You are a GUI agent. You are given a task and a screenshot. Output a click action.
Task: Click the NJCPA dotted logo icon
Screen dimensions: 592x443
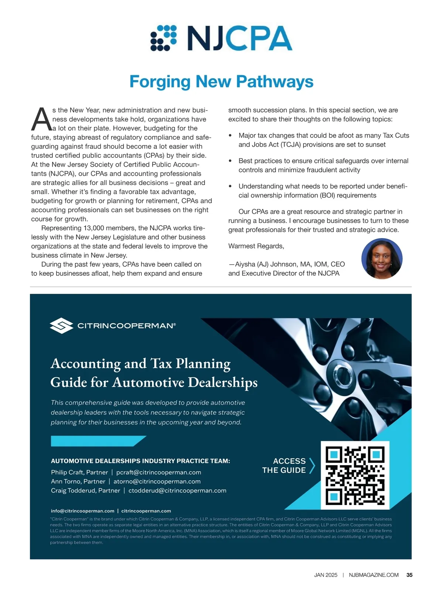[164, 38]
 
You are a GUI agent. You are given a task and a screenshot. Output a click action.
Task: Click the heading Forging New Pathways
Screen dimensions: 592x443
[221, 81]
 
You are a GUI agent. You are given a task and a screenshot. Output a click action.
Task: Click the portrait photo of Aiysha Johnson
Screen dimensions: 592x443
[382, 258]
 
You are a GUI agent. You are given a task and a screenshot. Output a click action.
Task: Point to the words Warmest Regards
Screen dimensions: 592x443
[256, 246]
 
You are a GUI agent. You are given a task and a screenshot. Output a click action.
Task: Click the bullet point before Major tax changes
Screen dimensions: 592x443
[230, 136]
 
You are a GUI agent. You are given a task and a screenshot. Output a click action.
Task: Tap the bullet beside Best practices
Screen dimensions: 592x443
[230, 161]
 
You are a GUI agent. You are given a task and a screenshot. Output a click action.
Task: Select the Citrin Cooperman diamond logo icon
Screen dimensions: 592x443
[61, 325]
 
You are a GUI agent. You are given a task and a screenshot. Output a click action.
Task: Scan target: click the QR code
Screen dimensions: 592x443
[355, 475]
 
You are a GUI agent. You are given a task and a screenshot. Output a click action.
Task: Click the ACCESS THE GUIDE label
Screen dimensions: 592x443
[284, 466]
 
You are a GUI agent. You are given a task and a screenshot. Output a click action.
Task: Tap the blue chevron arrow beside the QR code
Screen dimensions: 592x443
[312, 466]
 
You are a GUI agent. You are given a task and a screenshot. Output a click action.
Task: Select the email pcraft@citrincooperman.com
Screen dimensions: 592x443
[159, 473]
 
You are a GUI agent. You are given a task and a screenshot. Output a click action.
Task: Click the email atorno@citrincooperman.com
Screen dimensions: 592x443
[157, 481]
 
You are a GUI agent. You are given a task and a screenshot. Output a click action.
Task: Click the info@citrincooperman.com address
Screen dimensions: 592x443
[83, 511]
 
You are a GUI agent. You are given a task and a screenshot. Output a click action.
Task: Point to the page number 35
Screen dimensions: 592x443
[409, 575]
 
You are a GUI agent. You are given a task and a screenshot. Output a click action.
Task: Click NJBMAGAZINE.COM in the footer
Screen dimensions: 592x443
[374, 575]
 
